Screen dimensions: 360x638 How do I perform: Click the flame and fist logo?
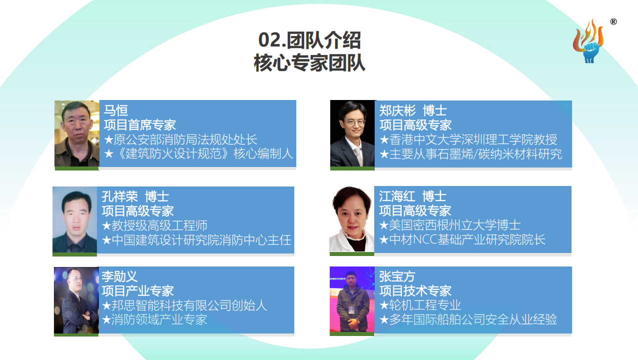tap(589, 42)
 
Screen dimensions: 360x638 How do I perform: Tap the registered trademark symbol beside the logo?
tap(613, 21)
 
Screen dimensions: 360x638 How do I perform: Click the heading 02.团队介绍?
tap(310, 40)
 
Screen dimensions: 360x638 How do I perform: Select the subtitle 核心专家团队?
tap(310, 63)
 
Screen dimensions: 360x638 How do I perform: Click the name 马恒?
tap(116, 110)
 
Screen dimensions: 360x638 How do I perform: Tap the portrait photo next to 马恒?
tap(77, 133)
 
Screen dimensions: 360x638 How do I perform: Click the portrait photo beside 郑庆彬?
tap(353, 133)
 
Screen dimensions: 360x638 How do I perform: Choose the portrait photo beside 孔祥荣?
tap(75, 219)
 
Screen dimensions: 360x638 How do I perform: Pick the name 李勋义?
tap(119, 276)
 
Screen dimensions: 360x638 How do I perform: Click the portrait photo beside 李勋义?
tap(76, 300)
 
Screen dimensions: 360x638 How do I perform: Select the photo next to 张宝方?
tap(352, 299)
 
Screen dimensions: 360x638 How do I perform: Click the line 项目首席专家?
tap(140, 125)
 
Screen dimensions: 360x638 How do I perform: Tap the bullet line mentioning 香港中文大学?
tap(468, 139)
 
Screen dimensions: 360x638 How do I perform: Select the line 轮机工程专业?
tap(420, 305)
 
